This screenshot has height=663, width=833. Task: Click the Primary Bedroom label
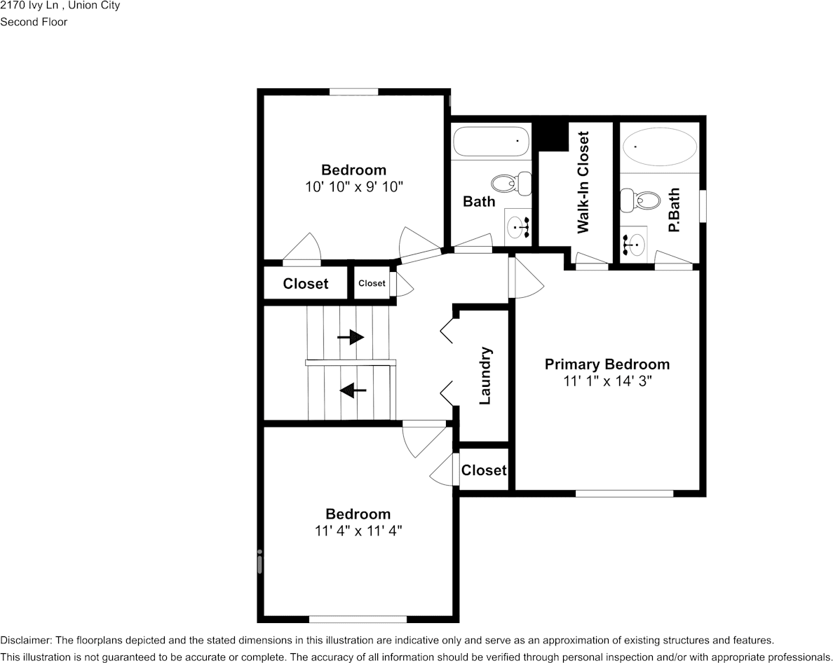tap(607, 364)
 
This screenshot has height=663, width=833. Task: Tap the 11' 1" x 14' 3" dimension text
tap(607, 382)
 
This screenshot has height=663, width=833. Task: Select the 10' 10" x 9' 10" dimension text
tap(353, 187)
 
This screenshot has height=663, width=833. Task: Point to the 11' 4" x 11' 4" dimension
tap(358, 531)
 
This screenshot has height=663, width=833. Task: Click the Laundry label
tap(485, 376)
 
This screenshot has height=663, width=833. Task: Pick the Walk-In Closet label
tap(583, 182)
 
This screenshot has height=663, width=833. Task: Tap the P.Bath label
tap(674, 210)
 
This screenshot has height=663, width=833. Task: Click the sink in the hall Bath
tap(518, 227)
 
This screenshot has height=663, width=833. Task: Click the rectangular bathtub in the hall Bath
tap(492, 142)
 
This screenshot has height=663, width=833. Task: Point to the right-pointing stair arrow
tap(351, 337)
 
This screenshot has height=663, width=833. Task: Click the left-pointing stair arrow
tap(353, 390)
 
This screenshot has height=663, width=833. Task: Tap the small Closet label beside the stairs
tap(372, 283)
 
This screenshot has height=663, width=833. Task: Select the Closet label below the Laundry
tap(484, 470)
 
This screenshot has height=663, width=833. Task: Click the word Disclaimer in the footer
tap(25, 641)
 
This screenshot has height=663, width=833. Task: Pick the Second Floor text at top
tap(34, 22)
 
